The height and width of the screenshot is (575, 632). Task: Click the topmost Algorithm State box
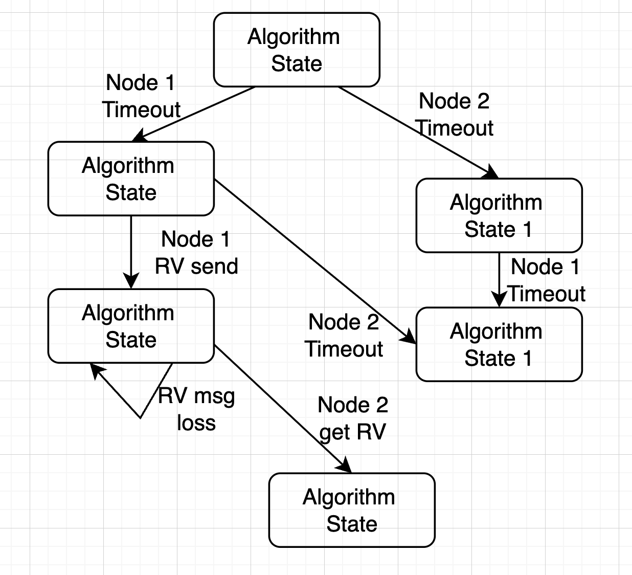point(297,50)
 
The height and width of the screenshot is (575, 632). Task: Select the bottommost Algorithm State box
point(352,511)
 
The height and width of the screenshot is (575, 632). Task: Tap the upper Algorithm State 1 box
point(499,216)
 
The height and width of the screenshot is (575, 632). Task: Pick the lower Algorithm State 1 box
point(499,345)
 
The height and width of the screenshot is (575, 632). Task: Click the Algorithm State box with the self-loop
point(131,326)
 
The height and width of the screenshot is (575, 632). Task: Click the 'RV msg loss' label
point(196,409)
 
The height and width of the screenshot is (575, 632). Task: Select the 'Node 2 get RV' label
point(353,418)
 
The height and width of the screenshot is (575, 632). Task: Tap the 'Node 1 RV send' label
point(196,253)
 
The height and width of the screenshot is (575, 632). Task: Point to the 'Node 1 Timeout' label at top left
point(141,96)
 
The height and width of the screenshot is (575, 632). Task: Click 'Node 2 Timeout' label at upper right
point(454,115)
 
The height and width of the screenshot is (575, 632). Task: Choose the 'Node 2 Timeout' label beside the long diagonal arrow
point(344,336)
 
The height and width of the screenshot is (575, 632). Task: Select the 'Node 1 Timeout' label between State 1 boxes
point(546,280)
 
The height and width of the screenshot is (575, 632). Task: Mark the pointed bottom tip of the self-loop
point(141,417)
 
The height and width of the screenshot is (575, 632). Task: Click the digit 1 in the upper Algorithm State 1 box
point(527,229)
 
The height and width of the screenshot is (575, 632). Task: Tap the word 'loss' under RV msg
point(196,423)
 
